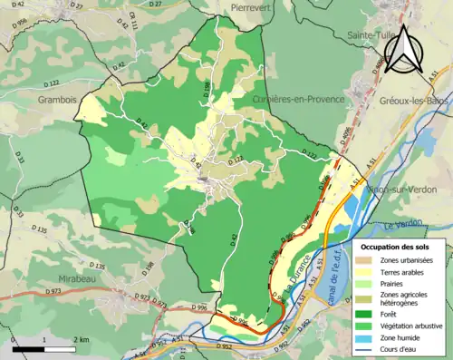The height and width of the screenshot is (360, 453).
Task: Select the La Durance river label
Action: (294, 269)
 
